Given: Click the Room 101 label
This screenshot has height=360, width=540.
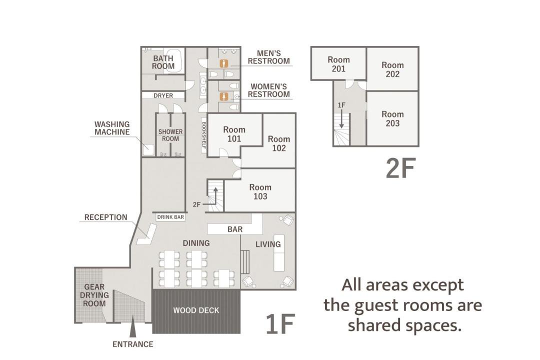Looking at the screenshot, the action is point(234,134).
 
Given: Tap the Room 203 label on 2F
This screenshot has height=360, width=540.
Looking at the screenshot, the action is point(392,119).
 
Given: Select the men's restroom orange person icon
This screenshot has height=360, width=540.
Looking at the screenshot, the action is point(224,63).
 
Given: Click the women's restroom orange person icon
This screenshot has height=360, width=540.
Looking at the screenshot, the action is point(224,97).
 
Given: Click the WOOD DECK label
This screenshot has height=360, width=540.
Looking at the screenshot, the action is point(196,310).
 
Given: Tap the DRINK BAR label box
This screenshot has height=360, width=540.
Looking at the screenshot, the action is point(170,217).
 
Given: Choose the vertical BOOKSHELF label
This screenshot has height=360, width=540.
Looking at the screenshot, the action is point(204,135).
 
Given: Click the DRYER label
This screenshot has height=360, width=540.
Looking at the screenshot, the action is point(163,95).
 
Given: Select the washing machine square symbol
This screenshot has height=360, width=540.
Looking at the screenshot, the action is point(148,149).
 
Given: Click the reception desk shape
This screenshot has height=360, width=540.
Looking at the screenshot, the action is point(146,234).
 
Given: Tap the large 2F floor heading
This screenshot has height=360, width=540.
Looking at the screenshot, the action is point(401,168).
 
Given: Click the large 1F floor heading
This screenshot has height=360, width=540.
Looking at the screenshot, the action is point(280,324).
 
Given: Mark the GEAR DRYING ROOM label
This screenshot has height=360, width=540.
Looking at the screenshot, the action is point(94,295).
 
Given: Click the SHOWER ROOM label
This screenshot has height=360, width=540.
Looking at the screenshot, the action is point(170,135).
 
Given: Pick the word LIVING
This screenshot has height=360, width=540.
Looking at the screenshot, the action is point(268,244).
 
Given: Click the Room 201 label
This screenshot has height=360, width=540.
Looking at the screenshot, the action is point(338,64).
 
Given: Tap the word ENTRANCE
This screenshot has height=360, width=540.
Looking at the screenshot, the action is point(133,344).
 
